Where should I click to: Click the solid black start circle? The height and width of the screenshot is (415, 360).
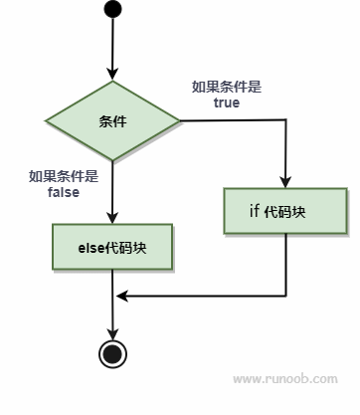[x=113, y=11]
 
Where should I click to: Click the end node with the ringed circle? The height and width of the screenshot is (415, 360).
[x=113, y=352]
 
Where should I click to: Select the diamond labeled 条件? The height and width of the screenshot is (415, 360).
[x=113, y=121]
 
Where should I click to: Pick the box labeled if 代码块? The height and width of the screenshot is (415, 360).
[x=285, y=212]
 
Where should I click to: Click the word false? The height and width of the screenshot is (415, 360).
[x=64, y=192]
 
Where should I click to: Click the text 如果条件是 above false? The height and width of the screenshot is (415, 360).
[x=64, y=177]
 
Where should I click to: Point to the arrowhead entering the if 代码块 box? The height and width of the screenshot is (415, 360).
[x=285, y=183]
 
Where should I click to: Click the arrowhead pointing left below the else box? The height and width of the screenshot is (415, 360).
[x=120, y=296]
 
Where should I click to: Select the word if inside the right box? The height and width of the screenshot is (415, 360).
[x=255, y=212]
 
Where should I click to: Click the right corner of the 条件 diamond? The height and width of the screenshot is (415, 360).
[x=180, y=121]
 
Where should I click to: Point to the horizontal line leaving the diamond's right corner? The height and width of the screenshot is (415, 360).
[x=234, y=121]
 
